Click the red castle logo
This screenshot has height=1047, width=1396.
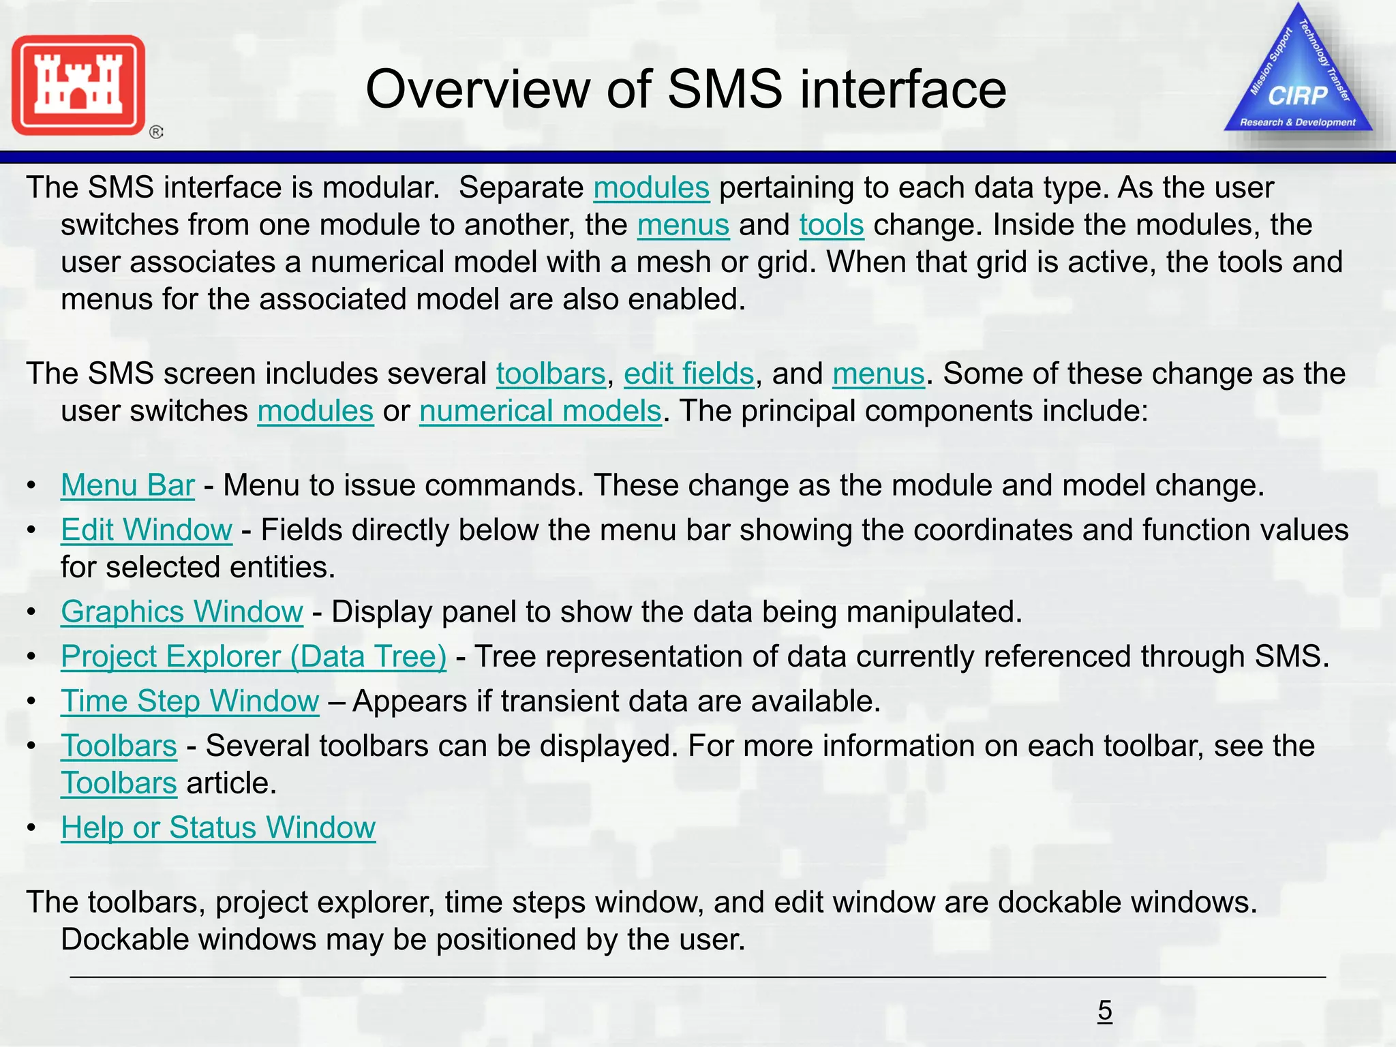[x=78, y=85]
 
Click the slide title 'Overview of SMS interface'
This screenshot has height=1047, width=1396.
[x=686, y=89]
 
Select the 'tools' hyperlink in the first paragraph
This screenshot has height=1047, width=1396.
[x=832, y=225]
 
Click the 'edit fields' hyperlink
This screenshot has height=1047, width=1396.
[x=688, y=374]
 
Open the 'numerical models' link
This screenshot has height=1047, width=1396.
[x=541, y=411]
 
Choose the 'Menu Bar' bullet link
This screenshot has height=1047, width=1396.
[x=127, y=485]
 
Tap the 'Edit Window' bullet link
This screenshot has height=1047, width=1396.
[x=147, y=530]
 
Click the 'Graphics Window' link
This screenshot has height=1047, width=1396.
[x=182, y=611]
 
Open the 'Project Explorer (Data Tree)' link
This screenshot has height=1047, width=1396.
[x=254, y=656]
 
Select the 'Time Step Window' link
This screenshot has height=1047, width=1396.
[x=189, y=701]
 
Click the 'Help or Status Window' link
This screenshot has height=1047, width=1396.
[x=218, y=828]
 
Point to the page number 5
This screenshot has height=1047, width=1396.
[x=1105, y=1010]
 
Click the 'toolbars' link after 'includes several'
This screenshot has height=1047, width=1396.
[x=551, y=374]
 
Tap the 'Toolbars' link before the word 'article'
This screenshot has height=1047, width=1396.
[x=119, y=783]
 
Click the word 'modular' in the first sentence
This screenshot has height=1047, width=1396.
[x=380, y=187]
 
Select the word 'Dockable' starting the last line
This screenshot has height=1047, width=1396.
[x=119, y=939]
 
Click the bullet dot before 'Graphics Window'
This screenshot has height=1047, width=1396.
[x=31, y=612]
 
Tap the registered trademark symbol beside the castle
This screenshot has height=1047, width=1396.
[x=156, y=132]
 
